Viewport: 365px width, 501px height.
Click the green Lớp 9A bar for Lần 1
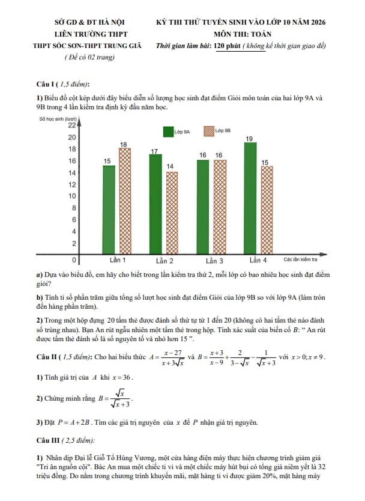(x=109, y=210)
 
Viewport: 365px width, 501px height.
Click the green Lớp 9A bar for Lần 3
(x=203, y=207)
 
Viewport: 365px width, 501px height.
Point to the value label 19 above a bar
(x=250, y=139)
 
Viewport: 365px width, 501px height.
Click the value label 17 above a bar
(x=154, y=151)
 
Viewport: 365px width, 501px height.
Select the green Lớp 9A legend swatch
(x=167, y=130)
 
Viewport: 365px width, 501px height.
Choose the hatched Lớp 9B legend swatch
(x=209, y=130)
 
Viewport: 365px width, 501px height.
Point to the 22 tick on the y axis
(x=71, y=126)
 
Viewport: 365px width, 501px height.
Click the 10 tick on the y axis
(x=73, y=196)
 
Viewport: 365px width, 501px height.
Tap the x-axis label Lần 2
(x=164, y=261)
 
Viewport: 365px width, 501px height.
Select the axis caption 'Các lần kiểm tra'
(x=301, y=260)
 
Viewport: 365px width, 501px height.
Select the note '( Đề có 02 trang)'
(x=89, y=57)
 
